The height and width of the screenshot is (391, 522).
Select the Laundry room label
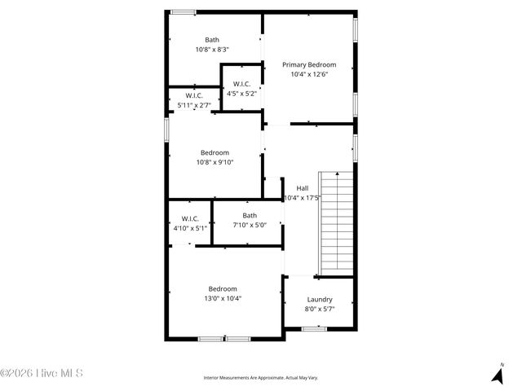[x=319, y=299]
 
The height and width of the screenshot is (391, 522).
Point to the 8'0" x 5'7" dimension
[x=319, y=309]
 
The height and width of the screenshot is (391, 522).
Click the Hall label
[x=302, y=187]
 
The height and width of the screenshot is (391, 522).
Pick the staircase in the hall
[x=336, y=223]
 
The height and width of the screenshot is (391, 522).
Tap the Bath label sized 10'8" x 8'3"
[x=212, y=40]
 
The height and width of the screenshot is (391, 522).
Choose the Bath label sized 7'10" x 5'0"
[x=250, y=216]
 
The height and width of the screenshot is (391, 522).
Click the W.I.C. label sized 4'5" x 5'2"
[x=241, y=84]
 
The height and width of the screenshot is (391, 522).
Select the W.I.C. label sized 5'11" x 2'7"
[x=194, y=95]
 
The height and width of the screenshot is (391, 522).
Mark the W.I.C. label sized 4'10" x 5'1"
[x=190, y=218]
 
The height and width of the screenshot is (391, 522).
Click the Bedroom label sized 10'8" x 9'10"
[x=215, y=152]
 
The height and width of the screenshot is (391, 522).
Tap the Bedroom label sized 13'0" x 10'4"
[x=223, y=288]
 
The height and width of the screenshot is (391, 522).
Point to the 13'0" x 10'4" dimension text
[x=223, y=298]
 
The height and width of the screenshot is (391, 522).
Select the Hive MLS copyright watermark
[x=42, y=374]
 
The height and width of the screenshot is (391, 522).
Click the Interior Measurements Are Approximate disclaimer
[x=260, y=378]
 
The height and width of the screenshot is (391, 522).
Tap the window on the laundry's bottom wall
[x=313, y=328]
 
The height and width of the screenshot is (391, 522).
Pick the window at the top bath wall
[x=183, y=11]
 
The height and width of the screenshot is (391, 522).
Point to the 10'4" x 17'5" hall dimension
[x=302, y=197]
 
